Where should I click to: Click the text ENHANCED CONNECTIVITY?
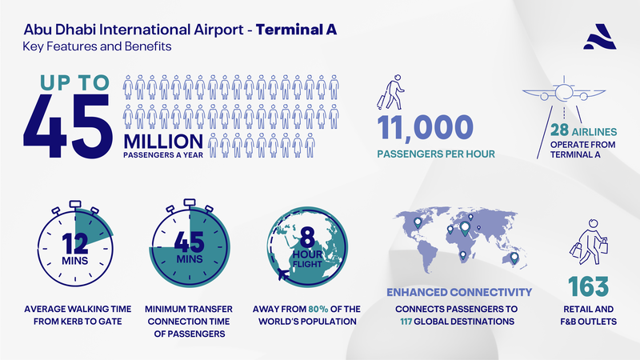pos(459,292)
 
